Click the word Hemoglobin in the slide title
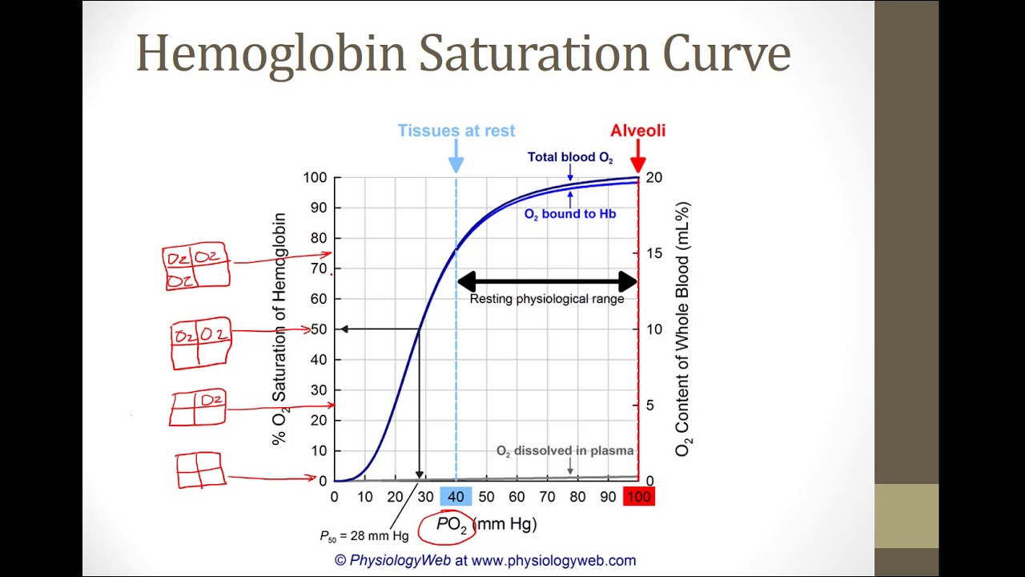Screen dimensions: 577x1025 (271, 54)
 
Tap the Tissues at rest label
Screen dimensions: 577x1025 (456, 131)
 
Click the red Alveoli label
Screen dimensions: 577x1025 (637, 131)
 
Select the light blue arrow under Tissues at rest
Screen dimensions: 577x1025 (456, 155)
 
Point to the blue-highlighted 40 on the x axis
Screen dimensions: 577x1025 (456, 497)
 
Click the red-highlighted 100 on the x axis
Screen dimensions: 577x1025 (638, 497)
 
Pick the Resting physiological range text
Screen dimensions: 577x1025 (546, 299)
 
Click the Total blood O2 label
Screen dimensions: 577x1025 (569, 157)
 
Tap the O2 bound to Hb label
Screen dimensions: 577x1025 (569, 214)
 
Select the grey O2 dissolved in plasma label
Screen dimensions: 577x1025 (565, 451)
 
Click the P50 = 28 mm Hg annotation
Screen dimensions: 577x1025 (364, 535)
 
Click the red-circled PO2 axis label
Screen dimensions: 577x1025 (451, 525)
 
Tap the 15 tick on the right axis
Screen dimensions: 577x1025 (654, 253)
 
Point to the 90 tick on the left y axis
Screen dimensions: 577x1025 (319, 208)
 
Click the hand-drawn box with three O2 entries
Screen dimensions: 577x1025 (196, 267)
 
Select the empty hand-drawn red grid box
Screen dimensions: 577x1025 (199, 470)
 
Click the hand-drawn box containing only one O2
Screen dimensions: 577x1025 (198, 408)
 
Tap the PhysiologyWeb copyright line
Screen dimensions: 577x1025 (484, 560)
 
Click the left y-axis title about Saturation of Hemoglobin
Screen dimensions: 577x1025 (279, 329)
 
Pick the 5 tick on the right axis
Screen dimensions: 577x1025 (649, 406)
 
